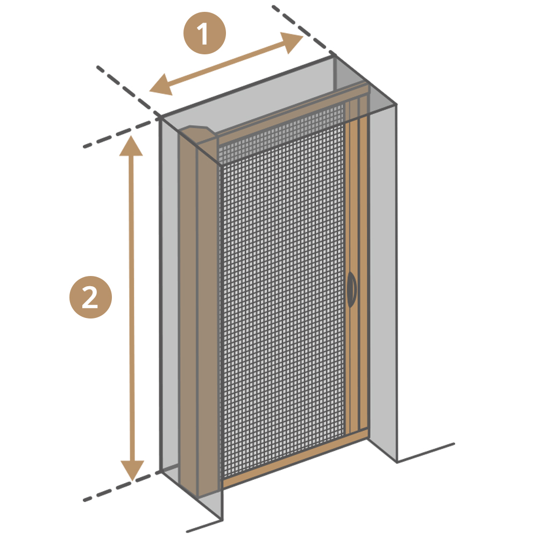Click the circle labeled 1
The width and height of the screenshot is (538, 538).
pos(204,33)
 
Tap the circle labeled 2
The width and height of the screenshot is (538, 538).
pos(90,297)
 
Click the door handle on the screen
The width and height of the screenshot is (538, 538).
pos(352,289)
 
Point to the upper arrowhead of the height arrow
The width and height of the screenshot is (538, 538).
pos(131,145)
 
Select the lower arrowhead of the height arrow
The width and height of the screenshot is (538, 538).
pos(132,470)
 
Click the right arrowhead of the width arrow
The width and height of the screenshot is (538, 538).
pos(292,41)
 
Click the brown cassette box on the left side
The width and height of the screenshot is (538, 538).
pos(199,312)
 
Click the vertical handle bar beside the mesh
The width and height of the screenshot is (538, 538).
pos(357,274)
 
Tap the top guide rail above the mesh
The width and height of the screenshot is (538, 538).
pos(293,110)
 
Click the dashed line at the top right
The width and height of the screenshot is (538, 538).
pos(303,30)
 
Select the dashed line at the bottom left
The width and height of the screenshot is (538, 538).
pos(122,486)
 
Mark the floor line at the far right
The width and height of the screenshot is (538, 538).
pos(426,453)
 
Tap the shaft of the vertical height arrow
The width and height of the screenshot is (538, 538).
pos(131,308)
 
